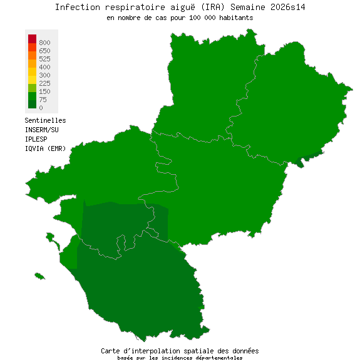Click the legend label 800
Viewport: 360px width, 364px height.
pos(44,43)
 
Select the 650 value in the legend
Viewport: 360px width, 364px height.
pos(44,51)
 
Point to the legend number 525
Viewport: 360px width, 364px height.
pos(44,59)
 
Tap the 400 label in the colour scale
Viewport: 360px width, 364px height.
pos(44,67)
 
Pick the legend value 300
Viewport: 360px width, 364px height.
pos(44,75)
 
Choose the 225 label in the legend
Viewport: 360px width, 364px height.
pos(44,83)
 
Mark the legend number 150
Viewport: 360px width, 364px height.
pos(44,91)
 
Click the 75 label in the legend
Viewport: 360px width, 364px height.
pos(43,100)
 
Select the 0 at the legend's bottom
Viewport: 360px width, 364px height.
pos(41,108)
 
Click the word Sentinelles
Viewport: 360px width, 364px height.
pos(45,120)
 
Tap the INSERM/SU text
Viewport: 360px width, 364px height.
pos(41,130)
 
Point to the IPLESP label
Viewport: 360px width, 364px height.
pos(36,138)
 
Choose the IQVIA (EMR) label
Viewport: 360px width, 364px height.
pos(45,148)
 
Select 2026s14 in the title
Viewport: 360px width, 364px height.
pos(287,7)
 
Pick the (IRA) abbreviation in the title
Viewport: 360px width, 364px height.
pos(215,7)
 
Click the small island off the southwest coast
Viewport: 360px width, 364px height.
pos(40,276)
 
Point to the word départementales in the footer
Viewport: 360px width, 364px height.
pos(219,358)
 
